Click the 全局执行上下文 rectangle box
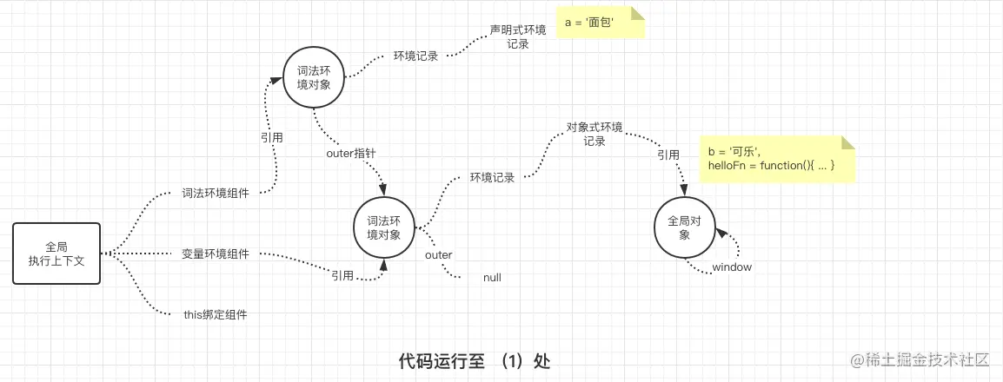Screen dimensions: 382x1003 coord(57,254)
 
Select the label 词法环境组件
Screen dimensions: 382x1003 coord(216,194)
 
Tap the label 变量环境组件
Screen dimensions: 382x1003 coord(216,254)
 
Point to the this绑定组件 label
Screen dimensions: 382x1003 coord(216,315)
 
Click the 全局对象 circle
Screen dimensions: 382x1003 coord(684,228)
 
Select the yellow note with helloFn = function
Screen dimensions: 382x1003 coord(776,159)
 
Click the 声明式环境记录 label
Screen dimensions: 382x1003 coord(518,36)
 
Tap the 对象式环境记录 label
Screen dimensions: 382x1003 coord(594,134)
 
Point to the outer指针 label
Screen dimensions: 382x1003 coord(350,154)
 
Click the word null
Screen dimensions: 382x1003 coord(492,278)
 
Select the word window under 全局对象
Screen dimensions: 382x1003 coord(732,267)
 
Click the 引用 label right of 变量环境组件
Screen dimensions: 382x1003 coord(342,276)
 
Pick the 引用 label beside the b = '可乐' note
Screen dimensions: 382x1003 coord(668,155)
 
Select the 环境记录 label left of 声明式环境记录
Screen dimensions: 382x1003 coord(415,56)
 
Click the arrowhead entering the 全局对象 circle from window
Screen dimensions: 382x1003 coord(718,232)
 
